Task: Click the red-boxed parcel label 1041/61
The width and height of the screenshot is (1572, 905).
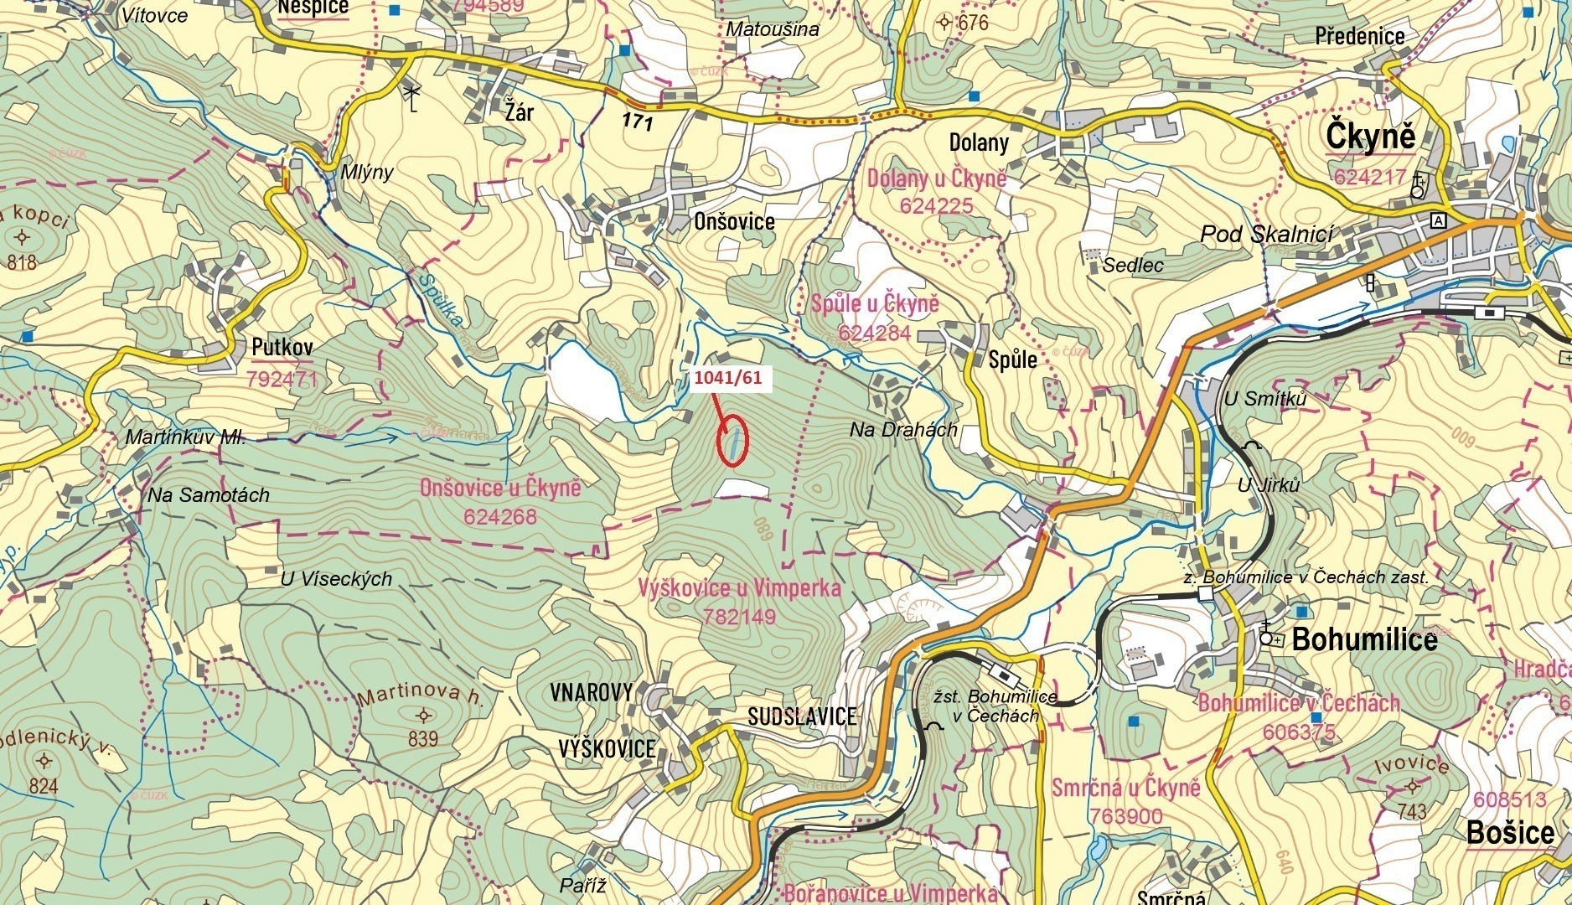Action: pyautogui.click(x=727, y=378)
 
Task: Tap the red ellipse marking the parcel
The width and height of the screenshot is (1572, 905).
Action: pyautogui.click(x=732, y=441)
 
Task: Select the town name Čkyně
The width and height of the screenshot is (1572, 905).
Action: pyautogui.click(x=1370, y=137)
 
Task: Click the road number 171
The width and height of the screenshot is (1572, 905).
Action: pyautogui.click(x=637, y=122)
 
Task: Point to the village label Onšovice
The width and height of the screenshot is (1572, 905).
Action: pyautogui.click(x=734, y=222)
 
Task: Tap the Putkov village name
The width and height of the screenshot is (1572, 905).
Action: pyautogui.click(x=282, y=347)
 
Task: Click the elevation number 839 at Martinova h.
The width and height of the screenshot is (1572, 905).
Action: pyautogui.click(x=423, y=738)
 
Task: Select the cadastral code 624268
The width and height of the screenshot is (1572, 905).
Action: pyautogui.click(x=499, y=517)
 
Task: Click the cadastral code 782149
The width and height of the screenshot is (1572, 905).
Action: pyautogui.click(x=740, y=617)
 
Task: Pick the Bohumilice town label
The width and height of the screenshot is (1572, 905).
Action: pyautogui.click(x=1364, y=640)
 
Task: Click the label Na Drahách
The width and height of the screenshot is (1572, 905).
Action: pyautogui.click(x=903, y=430)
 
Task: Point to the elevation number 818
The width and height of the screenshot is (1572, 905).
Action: pyautogui.click(x=22, y=263)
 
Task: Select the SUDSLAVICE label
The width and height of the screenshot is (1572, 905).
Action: pyautogui.click(x=802, y=716)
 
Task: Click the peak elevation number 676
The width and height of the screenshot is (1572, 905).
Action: pyautogui.click(x=973, y=23)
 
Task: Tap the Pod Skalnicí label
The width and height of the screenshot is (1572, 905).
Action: pyautogui.click(x=1266, y=234)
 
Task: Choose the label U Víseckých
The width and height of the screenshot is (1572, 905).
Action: pyautogui.click(x=336, y=579)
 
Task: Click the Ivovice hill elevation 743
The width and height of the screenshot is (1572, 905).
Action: pyautogui.click(x=1411, y=810)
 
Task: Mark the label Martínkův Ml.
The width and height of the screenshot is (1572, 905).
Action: pyautogui.click(x=185, y=437)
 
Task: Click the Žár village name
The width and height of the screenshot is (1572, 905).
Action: pyautogui.click(x=519, y=111)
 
